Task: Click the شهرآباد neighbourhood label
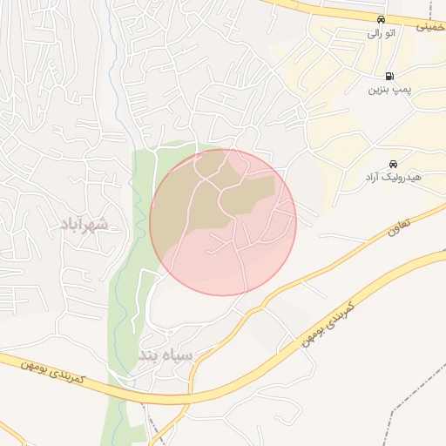[x=84, y=225]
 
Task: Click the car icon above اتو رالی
[x=381, y=19]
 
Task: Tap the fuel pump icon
[x=389, y=76]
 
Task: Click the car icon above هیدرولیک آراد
[x=393, y=164]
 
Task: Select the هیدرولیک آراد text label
[x=393, y=178]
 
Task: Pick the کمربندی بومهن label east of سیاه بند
[x=326, y=325]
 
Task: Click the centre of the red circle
[x=223, y=222]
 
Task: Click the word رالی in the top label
[x=374, y=33]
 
